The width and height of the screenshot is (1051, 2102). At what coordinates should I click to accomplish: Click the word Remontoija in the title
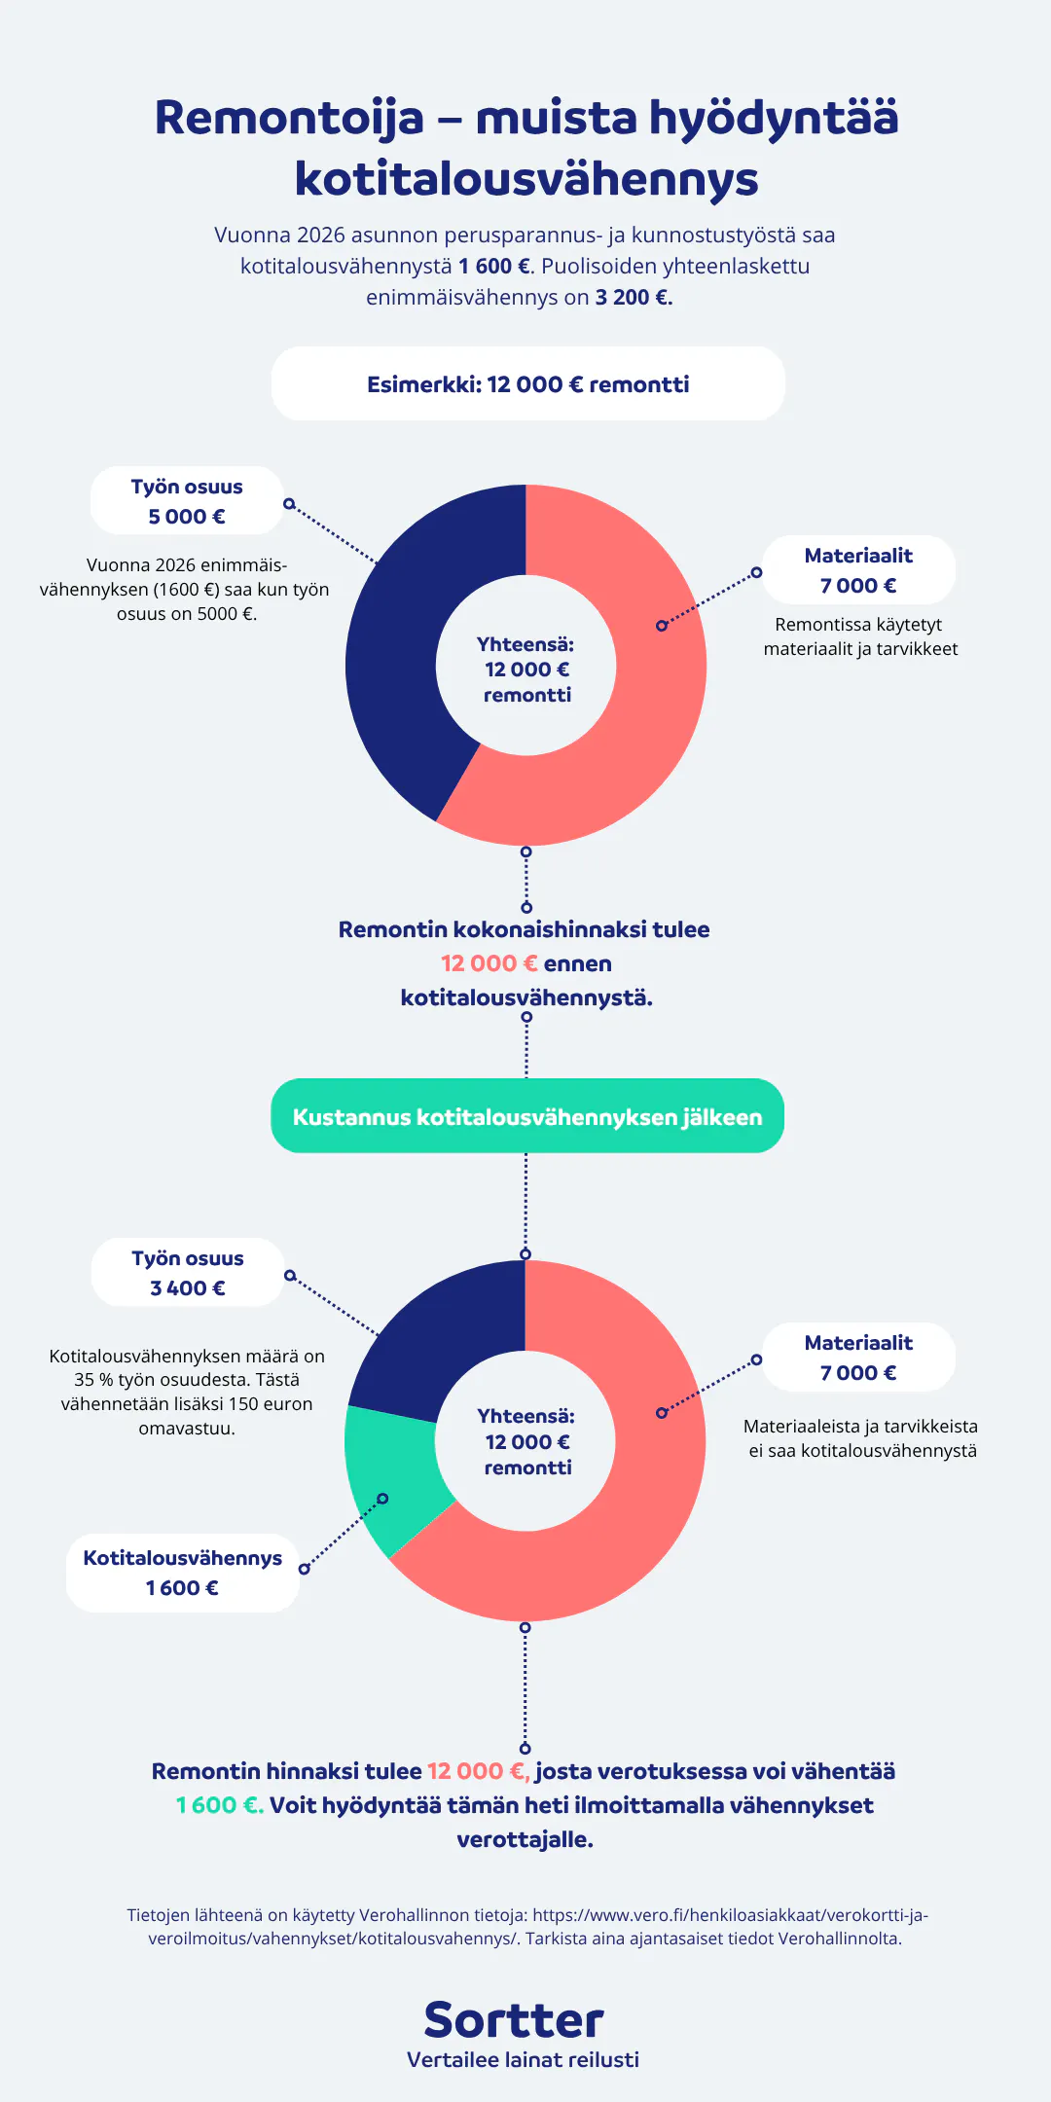coord(289,118)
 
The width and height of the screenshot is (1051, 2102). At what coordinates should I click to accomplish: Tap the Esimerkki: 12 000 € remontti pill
coord(527,383)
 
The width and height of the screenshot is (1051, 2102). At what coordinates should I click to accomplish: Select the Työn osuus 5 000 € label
coord(187,501)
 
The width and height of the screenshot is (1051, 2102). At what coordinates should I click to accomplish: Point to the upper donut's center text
coord(526,670)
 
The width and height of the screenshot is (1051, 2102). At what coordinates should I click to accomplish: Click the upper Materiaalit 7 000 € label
coord(858,570)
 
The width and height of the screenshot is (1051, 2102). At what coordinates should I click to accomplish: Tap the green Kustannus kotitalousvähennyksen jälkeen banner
coord(527,1116)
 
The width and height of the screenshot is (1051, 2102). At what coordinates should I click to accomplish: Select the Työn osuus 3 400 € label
coord(188,1273)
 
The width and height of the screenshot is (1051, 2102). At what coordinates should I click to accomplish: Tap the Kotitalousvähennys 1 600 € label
coord(183,1573)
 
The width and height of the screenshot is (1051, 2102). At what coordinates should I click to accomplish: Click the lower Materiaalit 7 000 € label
coord(858,1358)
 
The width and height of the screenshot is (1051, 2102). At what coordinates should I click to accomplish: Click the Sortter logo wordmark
coord(514,2020)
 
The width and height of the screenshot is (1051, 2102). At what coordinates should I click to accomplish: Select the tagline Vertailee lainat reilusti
coord(524,2060)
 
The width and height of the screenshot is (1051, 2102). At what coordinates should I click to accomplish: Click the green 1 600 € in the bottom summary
coord(220,1805)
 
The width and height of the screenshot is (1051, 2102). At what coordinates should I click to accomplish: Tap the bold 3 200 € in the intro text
coord(634,298)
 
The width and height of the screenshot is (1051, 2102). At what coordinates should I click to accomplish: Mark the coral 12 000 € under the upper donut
coord(489,963)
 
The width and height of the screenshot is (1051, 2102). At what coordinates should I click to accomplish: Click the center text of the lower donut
coord(526,1441)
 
